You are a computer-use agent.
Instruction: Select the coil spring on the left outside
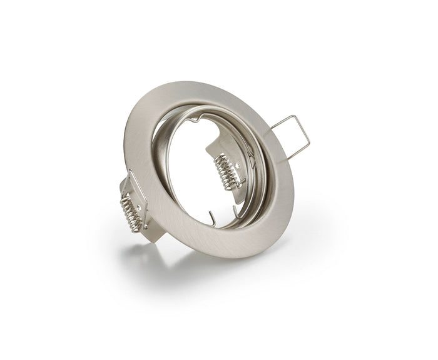pyautogui.click(x=133, y=206)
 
